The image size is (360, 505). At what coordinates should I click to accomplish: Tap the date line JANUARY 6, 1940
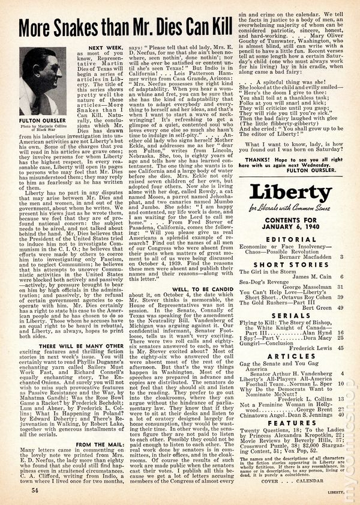pos(287,226)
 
